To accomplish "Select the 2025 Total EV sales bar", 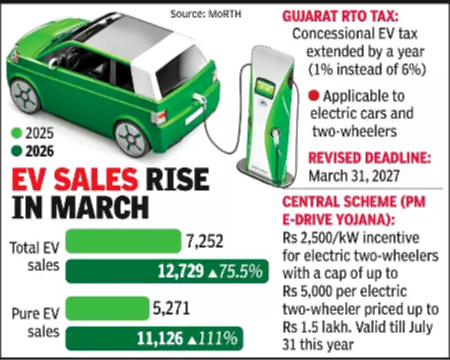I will click(x=123, y=242).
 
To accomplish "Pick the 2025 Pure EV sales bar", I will click(x=107, y=309).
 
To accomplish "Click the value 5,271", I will click(x=172, y=309).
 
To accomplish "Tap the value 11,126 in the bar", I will click(x=160, y=339).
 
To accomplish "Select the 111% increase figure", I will click(x=215, y=339).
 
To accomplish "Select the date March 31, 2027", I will click(x=353, y=175).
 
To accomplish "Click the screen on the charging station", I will click(x=268, y=87).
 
